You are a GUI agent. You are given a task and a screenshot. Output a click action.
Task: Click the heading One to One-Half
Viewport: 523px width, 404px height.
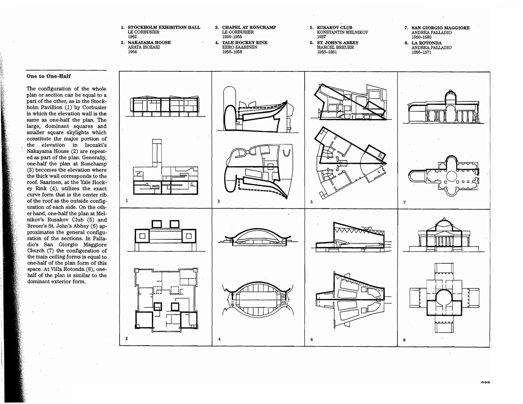click(x=49, y=76)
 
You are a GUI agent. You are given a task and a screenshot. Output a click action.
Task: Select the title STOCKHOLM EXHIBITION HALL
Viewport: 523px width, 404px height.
click(x=164, y=27)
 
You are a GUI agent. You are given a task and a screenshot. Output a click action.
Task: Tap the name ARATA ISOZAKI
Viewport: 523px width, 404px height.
click(x=144, y=47)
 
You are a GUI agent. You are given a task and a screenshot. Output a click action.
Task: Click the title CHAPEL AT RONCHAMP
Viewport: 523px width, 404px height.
click(x=249, y=27)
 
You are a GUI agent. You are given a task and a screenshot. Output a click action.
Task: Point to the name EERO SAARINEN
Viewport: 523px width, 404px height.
click(x=239, y=47)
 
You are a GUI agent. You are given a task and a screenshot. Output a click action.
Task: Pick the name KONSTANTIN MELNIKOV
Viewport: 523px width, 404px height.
click(x=342, y=32)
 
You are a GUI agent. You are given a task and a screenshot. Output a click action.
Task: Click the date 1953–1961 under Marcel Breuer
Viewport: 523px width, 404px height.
click(x=327, y=52)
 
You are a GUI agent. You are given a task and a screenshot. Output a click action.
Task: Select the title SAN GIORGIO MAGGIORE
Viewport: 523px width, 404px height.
click(x=440, y=28)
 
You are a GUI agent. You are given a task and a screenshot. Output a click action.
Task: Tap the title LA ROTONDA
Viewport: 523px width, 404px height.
click(x=426, y=43)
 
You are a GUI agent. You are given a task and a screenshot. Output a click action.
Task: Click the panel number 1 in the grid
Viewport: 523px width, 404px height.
click(x=127, y=201)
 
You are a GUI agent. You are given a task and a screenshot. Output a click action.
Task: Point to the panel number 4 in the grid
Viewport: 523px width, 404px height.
click(x=219, y=339)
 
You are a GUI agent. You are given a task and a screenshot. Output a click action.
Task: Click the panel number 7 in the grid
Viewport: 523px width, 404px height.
click(x=405, y=202)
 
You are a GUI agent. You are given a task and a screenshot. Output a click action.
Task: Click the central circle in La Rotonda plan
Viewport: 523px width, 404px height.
click(x=444, y=298)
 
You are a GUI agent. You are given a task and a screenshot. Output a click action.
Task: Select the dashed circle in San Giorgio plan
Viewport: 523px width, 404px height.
click(x=451, y=176)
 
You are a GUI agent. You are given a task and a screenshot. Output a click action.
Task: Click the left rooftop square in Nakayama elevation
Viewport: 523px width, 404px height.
click(x=157, y=224)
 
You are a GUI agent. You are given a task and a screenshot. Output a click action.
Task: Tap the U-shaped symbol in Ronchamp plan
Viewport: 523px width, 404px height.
click(x=286, y=153)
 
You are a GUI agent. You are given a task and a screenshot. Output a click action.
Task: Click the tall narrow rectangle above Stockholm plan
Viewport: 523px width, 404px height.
click(x=157, y=153)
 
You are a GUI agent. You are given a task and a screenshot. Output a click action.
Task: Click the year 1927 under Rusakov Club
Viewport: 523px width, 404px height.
click(x=321, y=37)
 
